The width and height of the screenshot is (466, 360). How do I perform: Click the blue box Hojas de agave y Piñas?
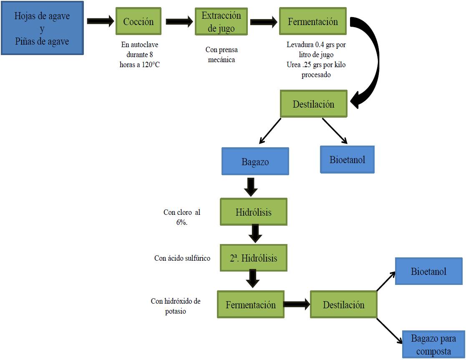coord(42,28)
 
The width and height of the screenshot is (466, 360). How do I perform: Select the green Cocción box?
coord(139,22)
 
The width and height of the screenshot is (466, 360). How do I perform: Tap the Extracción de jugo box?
coord(221,22)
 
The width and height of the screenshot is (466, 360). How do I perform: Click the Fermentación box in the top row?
coord(312,22)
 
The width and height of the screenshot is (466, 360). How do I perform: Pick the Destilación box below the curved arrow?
coord(313,104)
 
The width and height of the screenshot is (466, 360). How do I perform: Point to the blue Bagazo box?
coord(255,161)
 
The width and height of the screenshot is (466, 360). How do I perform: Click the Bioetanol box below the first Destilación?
coord(347,159)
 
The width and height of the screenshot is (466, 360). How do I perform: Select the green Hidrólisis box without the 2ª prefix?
coord(253,212)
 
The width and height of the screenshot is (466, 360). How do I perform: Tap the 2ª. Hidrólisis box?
coord(253,258)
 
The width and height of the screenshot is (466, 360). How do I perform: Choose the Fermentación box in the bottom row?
coord(251,305)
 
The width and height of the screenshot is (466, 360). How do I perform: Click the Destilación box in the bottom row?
coord(343,305)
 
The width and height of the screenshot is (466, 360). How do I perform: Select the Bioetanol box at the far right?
coord(428,272)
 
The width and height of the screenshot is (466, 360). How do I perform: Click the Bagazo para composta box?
coord(433,345)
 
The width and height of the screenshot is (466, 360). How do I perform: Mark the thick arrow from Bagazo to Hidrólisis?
coord(251,187)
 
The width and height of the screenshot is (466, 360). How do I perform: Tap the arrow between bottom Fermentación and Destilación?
coord(297,304)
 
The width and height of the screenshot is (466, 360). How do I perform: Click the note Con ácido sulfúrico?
coord(182,258)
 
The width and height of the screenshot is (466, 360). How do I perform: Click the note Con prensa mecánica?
coord(221,54)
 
